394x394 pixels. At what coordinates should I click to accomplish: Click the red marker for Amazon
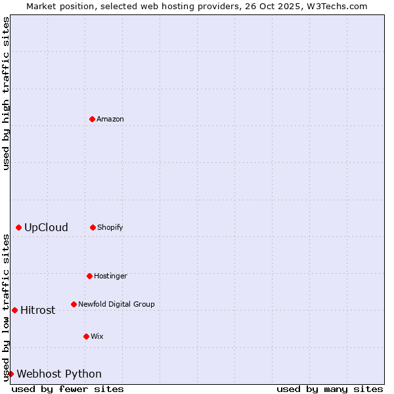coord(92,119)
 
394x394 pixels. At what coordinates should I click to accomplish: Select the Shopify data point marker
coord(93,227)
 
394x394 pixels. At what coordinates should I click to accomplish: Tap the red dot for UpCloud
coord(18,227)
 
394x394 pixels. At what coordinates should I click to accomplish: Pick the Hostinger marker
coord(89,276)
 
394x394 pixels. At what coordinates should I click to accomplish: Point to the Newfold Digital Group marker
coord(74,304)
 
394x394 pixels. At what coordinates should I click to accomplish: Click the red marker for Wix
coord(86,336)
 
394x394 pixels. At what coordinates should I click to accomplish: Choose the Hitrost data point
coord(14,310)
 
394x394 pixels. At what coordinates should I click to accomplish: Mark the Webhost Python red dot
coord(11,374)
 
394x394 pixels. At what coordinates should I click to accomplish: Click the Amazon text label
coord(110,119)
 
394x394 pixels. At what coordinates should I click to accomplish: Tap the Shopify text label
coord(110,227)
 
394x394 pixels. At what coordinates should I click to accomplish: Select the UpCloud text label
coord(46,227)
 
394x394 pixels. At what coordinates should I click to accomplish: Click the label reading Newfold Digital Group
coord(116,304)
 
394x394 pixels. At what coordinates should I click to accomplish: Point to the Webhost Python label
coord(59,374)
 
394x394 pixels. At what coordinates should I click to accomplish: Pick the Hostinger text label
coord(110,276)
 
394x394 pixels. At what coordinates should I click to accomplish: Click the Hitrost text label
coord(37,310)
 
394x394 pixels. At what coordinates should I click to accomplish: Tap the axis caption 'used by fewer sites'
coord(68,389)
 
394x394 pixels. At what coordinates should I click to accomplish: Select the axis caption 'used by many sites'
coord(330,389)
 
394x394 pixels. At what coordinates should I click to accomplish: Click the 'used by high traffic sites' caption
coord(6,93)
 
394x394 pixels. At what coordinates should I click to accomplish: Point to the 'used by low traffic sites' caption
coord(6,307)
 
